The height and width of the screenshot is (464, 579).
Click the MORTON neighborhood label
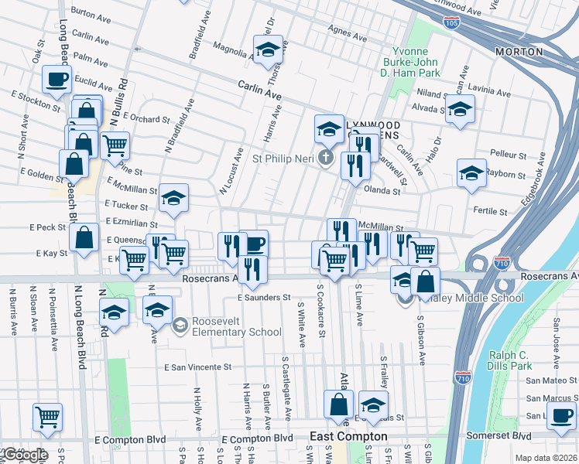519,52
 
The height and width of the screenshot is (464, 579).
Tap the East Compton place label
348,436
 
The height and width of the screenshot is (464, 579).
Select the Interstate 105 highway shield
451,24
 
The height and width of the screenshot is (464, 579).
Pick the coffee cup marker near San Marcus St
561,417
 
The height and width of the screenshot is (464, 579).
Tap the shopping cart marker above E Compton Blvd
47,417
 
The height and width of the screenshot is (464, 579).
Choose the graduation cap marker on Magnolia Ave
269,49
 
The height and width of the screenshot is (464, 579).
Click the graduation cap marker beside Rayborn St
471,174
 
